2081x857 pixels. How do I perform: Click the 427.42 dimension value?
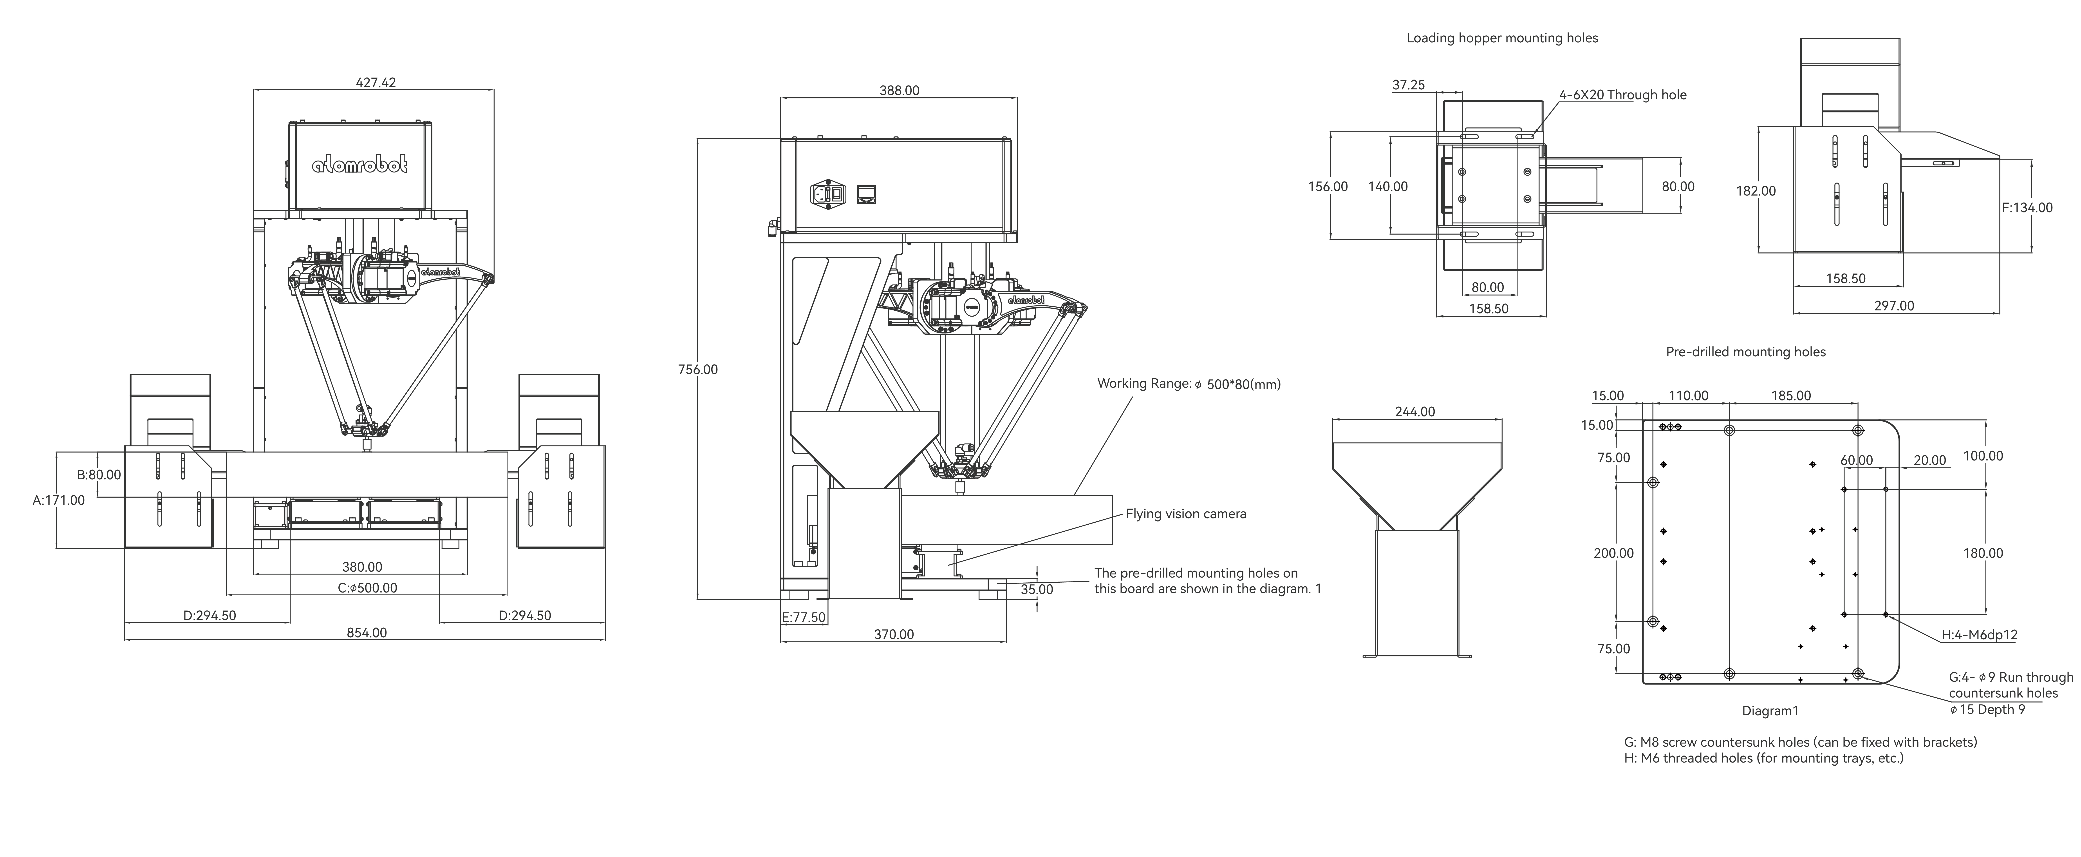tap(376, 82)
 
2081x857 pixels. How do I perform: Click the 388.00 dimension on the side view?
tap(899, 91)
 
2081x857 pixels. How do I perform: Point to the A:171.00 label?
tap(58, 500)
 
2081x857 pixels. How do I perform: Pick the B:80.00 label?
tap(99, 475)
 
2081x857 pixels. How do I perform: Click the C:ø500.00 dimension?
tap(368, 588)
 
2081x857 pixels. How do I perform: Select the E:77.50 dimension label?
tap(804, 617)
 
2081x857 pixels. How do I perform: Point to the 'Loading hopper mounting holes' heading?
tap(1502, 38)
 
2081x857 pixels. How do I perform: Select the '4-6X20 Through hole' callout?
tap(1622, 95)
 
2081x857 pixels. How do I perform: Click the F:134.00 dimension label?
tap(2027, 208)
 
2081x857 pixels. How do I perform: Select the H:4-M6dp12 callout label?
tap(1979, 635)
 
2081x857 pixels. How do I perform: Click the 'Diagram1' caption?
tap(1770, 711)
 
